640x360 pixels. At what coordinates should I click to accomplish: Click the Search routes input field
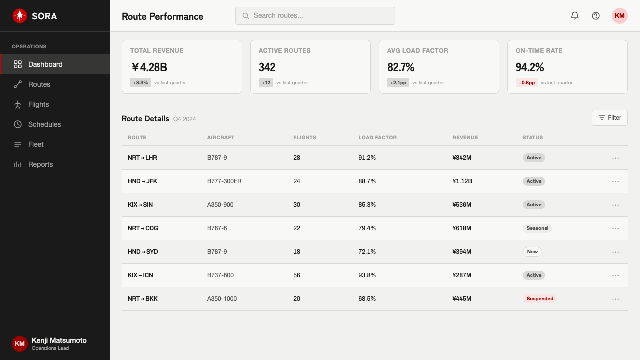tap(315, 16)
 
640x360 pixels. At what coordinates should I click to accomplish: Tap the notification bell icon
tap(575, 15)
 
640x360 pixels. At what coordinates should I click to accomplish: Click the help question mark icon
tap(595, 16)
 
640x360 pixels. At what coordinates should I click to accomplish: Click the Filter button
tap(609, 118)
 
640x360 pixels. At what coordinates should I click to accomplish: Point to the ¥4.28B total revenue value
tap(149, 67)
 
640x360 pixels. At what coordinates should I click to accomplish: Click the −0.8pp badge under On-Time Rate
tap(527, 83)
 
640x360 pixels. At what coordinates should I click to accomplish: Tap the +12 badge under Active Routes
tap(266, 83)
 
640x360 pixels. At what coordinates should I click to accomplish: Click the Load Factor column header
tap(377, 137)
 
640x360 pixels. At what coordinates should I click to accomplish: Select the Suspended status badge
tap(540, 299)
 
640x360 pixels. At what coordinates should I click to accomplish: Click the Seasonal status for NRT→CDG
tap(537, 228)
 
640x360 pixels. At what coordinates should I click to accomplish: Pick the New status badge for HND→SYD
tap(532, 251)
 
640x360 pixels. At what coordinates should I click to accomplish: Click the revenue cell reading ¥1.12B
tap(462, 181)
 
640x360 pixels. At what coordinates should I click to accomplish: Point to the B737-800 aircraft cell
tap(220, 275)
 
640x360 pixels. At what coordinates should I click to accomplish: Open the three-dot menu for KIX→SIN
tap(615, 205)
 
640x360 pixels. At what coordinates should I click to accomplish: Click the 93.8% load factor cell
tap(367, 275)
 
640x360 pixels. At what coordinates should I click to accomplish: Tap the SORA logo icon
tap(20, 16)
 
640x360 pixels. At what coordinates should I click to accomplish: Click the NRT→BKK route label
tap(143, 299)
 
